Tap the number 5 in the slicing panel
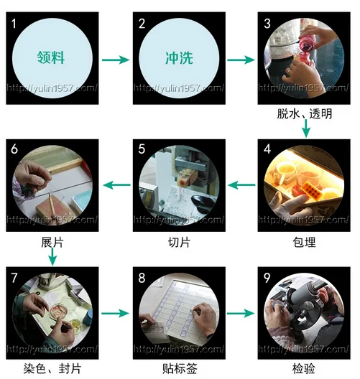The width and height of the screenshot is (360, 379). [142, 149]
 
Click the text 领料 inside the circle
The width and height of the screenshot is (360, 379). [50, 57]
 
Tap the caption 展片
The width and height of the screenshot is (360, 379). [52, 243]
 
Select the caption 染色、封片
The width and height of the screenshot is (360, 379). [52, 369]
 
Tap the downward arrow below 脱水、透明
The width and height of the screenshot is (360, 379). [306, 128]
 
